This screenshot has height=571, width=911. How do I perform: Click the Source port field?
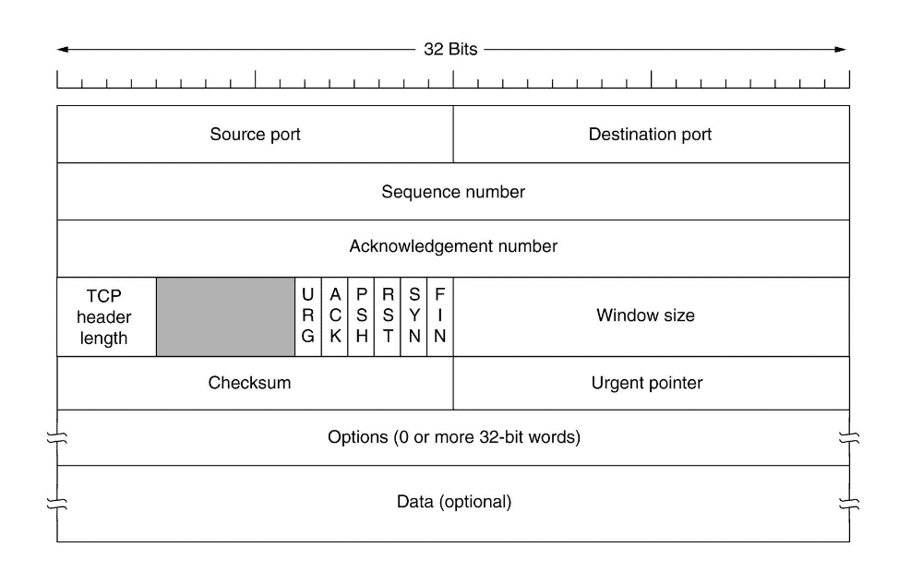point(255,135)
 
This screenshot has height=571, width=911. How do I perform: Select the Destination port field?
point(651,135)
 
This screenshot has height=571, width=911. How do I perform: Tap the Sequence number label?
point(453,192)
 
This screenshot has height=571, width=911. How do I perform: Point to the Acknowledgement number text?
point(453,247)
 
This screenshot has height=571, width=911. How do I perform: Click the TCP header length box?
point(106,316)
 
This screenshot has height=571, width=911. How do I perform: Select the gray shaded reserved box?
point(225,316)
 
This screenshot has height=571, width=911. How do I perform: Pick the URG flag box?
point(307,316)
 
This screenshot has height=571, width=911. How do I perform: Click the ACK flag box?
point(335,316)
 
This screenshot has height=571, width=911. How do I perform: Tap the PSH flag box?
point(362,316)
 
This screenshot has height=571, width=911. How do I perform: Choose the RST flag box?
point(388,316)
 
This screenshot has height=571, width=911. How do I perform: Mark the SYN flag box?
point(414,316)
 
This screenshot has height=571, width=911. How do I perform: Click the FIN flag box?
point(440,316)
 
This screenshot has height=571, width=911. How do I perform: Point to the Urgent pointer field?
point(646,383)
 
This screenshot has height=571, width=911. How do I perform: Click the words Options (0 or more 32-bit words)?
point(454,437)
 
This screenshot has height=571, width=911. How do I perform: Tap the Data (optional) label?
point(454,503)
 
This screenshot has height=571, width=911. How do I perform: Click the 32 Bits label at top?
point(451,49)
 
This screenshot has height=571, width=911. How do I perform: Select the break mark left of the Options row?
point(57,437)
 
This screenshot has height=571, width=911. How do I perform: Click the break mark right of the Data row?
point(849,504)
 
